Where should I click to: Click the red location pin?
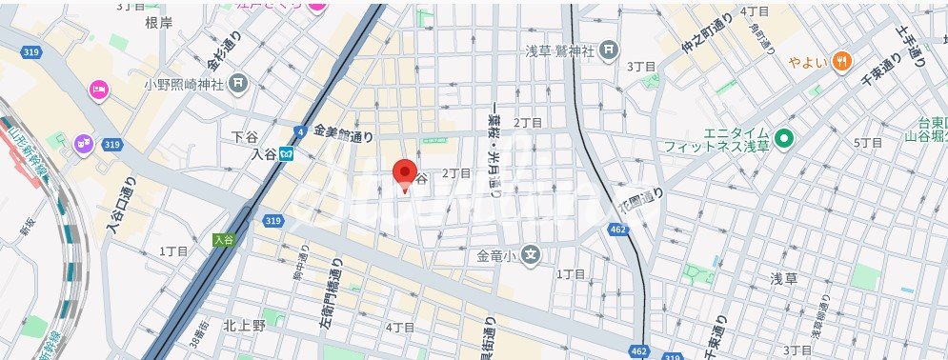click(407, 175)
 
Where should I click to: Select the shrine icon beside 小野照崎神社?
click(237, 85)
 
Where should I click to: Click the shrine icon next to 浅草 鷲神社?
click(610, 50)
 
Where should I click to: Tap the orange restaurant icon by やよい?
click(841, 62)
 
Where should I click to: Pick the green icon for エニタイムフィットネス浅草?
click(785, 139)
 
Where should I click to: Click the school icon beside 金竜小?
click(532, 255)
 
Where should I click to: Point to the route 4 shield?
click(300, 131)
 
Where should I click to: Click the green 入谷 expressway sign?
click(224, 240)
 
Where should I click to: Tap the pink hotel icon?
click(99, 90)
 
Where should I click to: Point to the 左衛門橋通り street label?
click(336, 290)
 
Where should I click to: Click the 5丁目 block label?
click(868, 143)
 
